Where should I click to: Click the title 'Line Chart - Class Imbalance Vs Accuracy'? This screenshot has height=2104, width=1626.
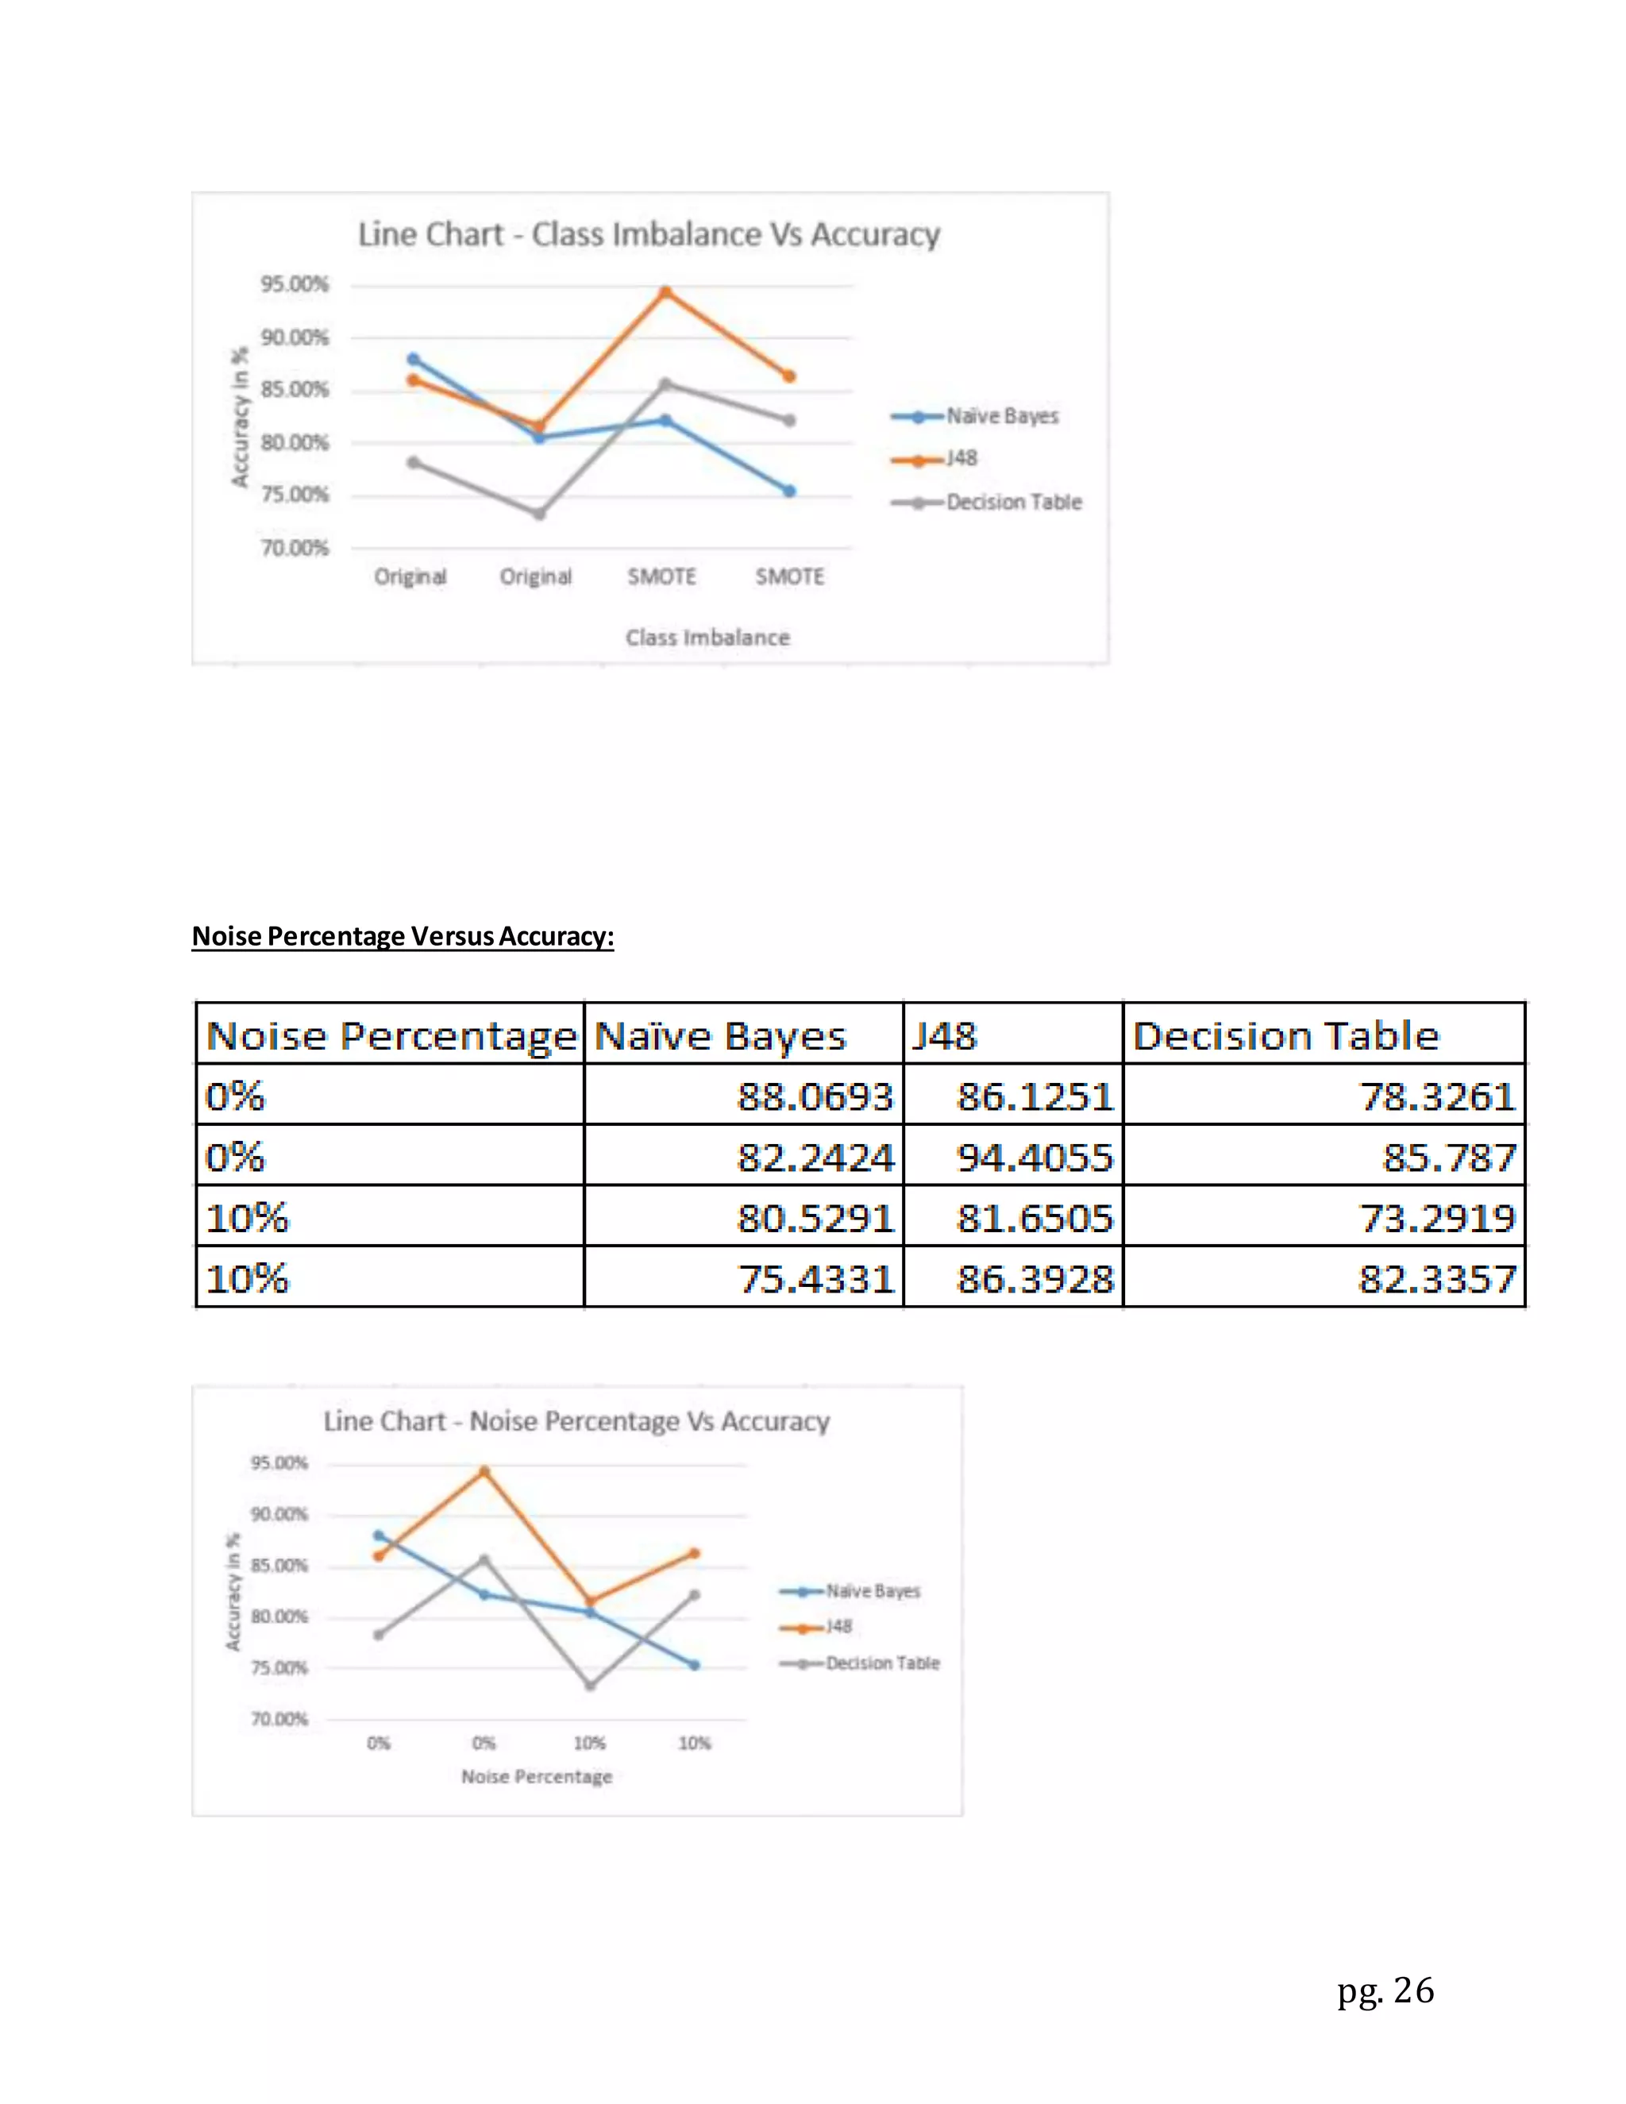(x=649, y=234)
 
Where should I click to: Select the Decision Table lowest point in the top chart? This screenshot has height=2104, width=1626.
(x=539, y=514)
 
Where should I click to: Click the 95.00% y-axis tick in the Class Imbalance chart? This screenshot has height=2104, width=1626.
(x=294, y=284)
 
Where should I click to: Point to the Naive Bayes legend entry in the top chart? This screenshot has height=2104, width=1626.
(x=1001, y=416)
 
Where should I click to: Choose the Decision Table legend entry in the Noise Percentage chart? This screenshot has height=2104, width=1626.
(x=881, y=1663)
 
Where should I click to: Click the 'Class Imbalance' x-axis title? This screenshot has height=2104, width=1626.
(x=707, y=638)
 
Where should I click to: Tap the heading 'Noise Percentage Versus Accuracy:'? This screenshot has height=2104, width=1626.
(x=403, y=936)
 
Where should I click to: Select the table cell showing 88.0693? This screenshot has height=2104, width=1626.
(x=815, y=1096)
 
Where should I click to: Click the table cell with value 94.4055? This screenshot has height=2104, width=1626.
(x=1034, y=1157)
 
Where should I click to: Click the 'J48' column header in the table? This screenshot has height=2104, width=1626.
(x=945, y=1035)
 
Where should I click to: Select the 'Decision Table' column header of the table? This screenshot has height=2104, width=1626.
(x=1285, y=1035)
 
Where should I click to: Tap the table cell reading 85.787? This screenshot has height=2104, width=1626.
(x=1449, y=1157)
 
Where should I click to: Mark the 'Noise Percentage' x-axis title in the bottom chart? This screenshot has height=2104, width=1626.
(x=537, y=1776)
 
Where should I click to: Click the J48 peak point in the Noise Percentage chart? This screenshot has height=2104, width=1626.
(x=484, y=1471)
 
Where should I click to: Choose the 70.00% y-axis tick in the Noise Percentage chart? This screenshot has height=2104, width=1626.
(x=279, y=1719)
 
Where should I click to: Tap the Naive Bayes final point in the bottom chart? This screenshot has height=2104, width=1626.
(x=695, y=1665)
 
